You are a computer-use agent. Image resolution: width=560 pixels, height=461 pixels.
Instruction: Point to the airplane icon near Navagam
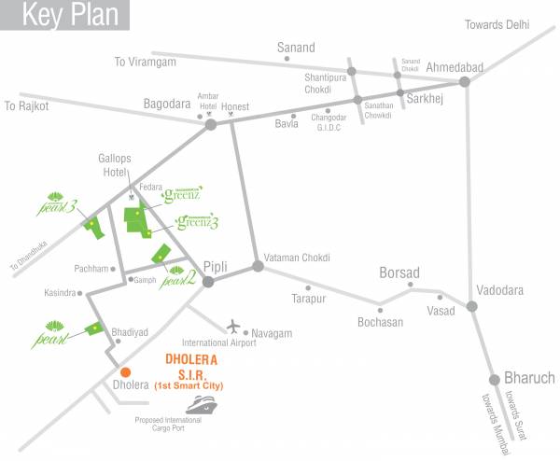pyautogui.click(x=233, y=327)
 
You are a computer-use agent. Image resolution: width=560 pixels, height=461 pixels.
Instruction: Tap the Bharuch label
pyautogui.click(x=529, y=378)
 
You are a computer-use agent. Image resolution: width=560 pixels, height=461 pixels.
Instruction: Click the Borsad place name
pyautogui.click(x=399, y=272)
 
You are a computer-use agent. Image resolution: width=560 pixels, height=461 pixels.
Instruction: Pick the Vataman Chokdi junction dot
pyautogui.click(x=259, y=266)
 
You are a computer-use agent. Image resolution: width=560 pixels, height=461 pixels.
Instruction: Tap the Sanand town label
pyautogui.click(x=296, y=48)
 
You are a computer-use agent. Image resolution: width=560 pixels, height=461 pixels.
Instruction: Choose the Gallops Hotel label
pyautogui.click(x=119, y=165)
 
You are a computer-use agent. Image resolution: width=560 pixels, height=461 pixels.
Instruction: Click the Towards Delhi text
pyautogui.click(x=504, y=25)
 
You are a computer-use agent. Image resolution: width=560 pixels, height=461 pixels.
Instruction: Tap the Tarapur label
pyautogui.click(x=307, y=299)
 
